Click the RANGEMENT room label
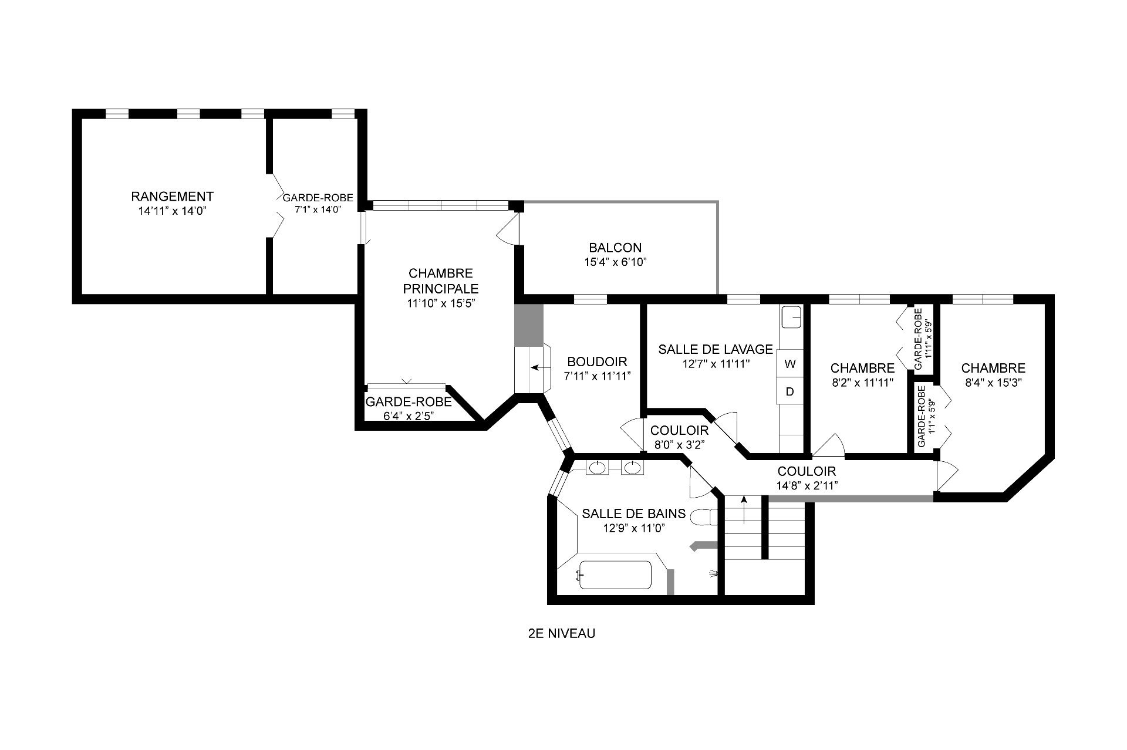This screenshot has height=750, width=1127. pos(172,196)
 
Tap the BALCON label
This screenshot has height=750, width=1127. pos(615,248)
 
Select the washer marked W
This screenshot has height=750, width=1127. pos(790,364)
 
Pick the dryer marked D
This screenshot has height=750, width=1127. pos(790,391)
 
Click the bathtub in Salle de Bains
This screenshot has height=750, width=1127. pos(615,575)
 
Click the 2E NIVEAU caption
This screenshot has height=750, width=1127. pos(562,634)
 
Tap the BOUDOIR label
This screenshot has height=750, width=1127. pos(597,362)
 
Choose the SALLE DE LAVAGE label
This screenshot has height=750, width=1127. pos(716,349)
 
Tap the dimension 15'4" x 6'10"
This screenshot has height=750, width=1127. pos(615,262)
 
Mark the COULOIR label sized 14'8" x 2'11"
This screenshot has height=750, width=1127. pos(807,471)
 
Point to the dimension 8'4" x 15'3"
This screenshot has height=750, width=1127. pos(993,383)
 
